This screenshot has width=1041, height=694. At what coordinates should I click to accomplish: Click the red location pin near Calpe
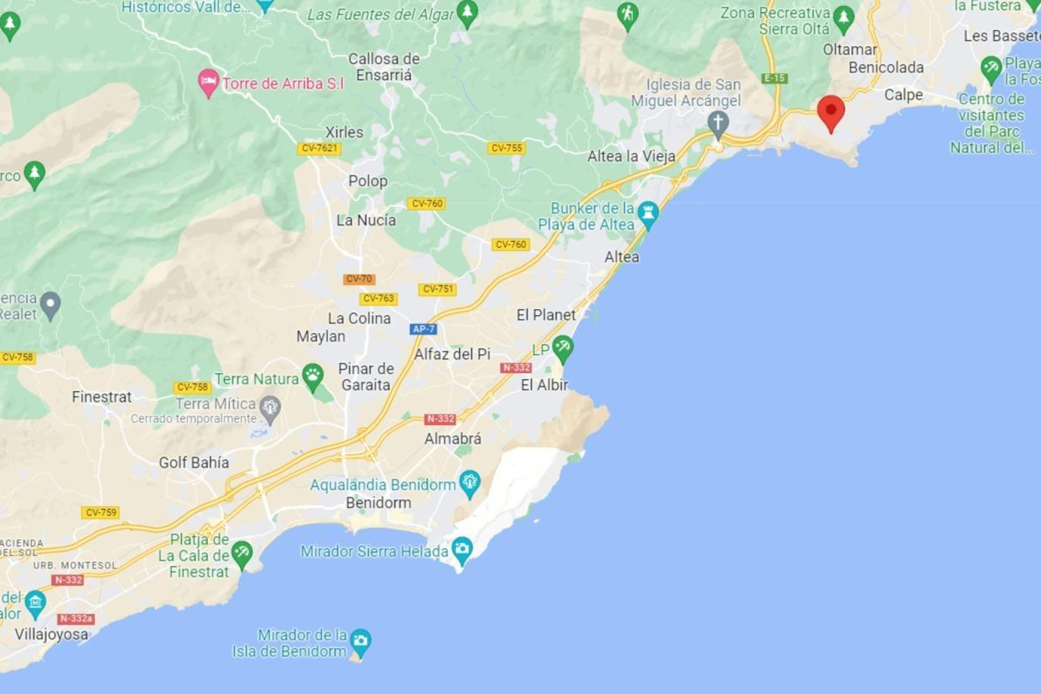pyautogui.click(x=831, y=112)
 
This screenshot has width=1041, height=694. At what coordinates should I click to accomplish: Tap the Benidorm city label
pyautogui.click(x=378, y=503)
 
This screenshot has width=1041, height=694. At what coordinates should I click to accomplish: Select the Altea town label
pyautogui.click(x=622, y=257)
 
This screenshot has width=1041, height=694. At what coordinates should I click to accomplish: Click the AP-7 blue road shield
pyautogui.click(x=423, y=329)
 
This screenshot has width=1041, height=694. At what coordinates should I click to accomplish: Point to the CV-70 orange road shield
pyautogui.click(x=359, y=279)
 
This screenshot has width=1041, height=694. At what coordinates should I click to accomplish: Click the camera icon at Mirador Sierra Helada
pyautogui.click(x=462, y=548)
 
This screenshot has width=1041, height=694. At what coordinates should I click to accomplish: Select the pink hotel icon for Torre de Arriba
pyautogui.click(x=208, y=82)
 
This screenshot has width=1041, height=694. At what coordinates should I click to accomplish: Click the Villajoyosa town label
pyautogui.click(x=51, y=634)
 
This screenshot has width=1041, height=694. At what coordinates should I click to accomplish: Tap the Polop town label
pyautogui.click(x=368, y=181)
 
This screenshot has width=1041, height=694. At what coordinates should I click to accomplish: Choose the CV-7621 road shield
pyautogui.click(x=319, y=148)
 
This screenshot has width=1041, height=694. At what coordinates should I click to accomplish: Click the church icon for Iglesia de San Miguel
pyautogui.click(x=718, y=123)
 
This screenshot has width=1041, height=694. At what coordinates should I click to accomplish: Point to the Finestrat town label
pyautogui.click(x=101, y=397)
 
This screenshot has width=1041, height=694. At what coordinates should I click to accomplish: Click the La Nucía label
pyautogui.click(x=366, y=220)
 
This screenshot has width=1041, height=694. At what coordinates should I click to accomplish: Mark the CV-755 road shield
pyautogui.click(x=506, y=148)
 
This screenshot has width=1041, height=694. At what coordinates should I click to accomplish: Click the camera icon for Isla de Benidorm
pyautogui.click(x=361, y=641)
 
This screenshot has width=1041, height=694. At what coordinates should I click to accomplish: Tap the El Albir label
pyautogui.click(x=544, y=385)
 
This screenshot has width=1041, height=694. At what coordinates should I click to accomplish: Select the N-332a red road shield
pyautogui.click(x=76, y=619)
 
